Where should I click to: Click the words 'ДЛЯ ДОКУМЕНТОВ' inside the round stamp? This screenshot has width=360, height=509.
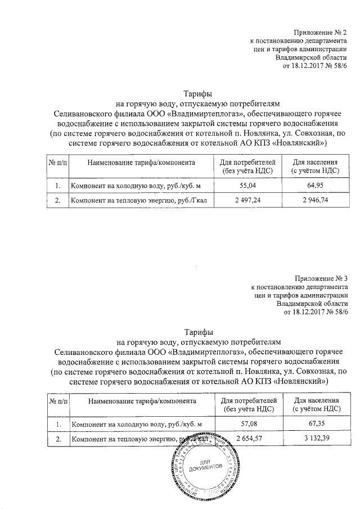pyautogui.click(x=209, y=465)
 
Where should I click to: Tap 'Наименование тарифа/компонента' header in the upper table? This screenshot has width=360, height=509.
pyautogui.click(x=141, y=163)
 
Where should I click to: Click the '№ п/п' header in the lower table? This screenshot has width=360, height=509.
pyautogui.click(x=58, y=401)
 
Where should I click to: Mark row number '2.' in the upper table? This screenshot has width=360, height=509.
pyautogui.click(x=57, y=200)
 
